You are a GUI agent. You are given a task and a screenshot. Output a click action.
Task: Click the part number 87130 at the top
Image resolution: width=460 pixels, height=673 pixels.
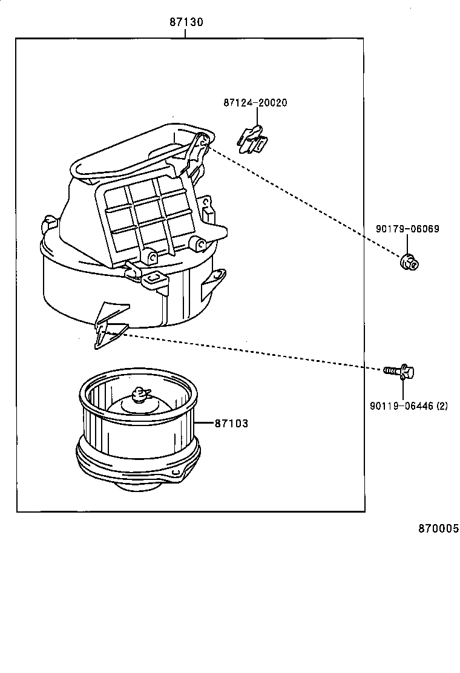[186, 22]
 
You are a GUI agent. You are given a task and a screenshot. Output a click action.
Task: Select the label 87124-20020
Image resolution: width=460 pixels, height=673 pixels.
[255, 103]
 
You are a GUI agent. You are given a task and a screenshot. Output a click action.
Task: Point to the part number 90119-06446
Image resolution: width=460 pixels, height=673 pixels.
[401, 407]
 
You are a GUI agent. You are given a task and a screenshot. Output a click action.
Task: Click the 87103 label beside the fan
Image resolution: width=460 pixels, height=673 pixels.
[231, 424]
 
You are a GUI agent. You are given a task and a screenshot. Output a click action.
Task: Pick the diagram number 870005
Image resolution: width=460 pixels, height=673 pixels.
[438, 528]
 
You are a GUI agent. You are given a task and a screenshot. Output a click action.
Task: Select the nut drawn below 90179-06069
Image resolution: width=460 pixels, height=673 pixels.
[410, 262]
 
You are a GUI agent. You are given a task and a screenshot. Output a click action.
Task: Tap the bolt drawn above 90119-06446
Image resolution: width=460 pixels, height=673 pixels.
[399, 370]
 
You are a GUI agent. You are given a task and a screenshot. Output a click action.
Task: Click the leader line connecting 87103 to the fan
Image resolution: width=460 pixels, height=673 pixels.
[204, 423]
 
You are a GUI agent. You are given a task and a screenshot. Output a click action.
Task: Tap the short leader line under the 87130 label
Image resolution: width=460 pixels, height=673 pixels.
[185, 33]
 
